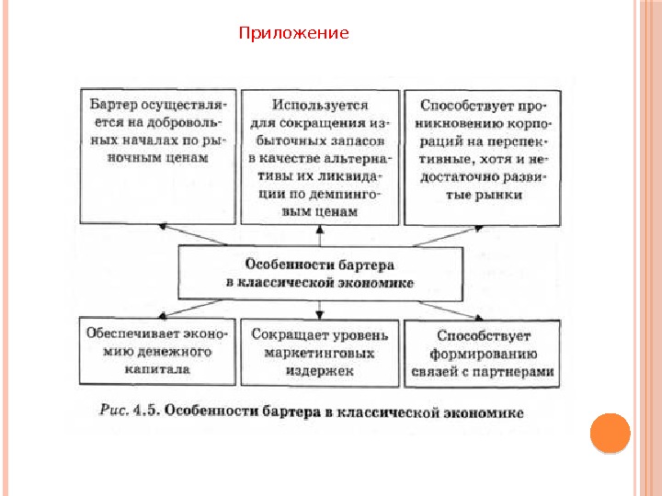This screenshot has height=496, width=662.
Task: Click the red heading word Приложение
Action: point(293,34)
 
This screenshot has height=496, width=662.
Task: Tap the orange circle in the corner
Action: point(610,432)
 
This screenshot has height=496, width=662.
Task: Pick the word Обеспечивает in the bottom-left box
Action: point(124,334)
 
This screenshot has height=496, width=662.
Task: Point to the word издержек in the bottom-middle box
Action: point(319,371)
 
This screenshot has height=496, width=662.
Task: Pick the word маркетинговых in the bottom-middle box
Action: point(319,353)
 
